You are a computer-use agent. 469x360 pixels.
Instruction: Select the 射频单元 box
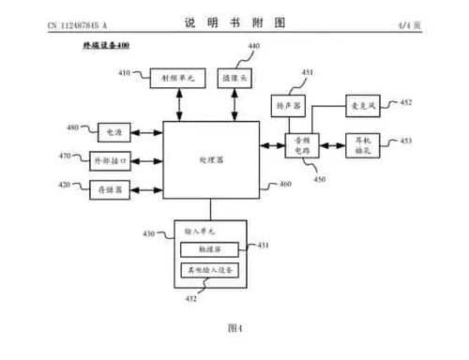coord(176,80)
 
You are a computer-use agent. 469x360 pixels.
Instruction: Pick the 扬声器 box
coord(285,107)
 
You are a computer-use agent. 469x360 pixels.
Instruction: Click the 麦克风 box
coord(361,106)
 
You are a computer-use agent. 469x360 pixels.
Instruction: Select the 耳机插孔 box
coord(361,146)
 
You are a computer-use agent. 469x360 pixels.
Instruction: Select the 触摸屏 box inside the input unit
coord(211,249)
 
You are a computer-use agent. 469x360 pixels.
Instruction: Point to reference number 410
coord(125,71)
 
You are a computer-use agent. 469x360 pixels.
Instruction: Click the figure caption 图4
coord(234,327)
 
